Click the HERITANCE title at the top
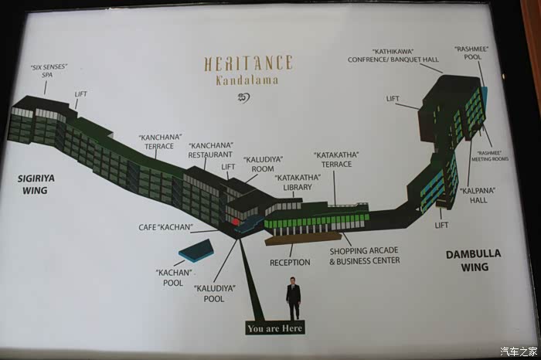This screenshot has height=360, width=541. [x=248, y=63]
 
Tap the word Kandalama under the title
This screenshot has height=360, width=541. [x=248, y=80]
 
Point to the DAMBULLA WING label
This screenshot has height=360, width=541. [x=474, y=260]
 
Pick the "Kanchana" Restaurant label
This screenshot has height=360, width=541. [x=211, y=149]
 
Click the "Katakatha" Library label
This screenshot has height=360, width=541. [x=293, y=182]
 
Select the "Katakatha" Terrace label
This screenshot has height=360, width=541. [x=337, y=159]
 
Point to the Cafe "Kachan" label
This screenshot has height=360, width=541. [x=165, y=227]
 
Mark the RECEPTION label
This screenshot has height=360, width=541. [x=290, y=263]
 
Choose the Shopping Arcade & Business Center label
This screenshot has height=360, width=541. [x=365, y=256]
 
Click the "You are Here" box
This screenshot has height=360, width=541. [x=275, y=328]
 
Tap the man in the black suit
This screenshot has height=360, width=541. [x=294, y=298]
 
